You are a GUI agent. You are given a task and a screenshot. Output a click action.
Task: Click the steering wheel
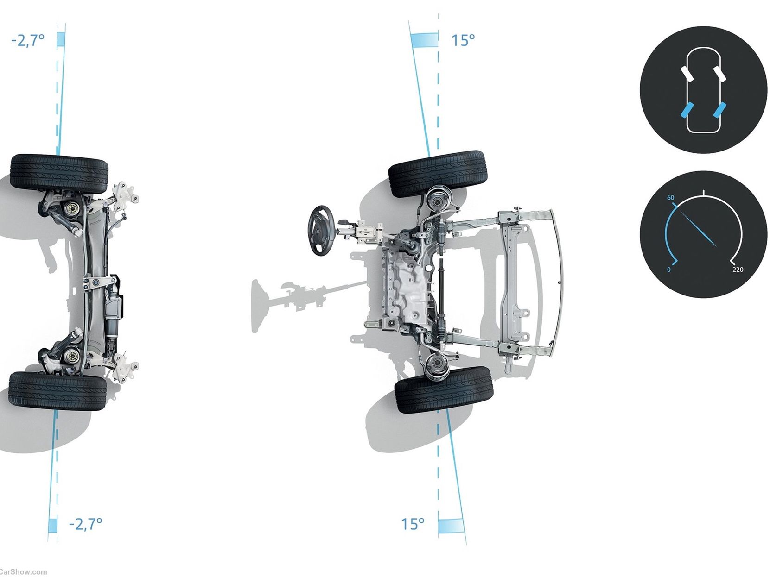(x=320, y=230)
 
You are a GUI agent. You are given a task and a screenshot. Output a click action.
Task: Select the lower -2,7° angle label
(x=86, y=524)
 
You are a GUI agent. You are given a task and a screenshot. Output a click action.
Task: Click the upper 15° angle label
(x=463, y=40)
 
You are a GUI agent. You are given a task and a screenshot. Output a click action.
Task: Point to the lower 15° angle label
(x=413, y=524)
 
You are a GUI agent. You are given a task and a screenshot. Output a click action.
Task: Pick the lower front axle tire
(x=444, y=389)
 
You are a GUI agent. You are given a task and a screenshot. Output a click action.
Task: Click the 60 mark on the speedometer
(x=670, y=198)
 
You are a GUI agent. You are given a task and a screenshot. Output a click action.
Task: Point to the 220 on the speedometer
(x=738, y=270)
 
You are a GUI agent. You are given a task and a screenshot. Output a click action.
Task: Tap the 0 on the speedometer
(x=668, y=270)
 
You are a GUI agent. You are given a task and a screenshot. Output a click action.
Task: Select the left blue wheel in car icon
(x=686, y=110)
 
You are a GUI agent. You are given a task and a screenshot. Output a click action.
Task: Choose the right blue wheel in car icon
(x=720, y=110)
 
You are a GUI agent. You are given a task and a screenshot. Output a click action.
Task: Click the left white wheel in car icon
(x=687, y=73)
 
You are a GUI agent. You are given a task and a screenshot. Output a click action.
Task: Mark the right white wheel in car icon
(x=720, y=73)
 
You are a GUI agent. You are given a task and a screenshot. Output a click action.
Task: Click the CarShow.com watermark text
(x=23, y=572)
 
